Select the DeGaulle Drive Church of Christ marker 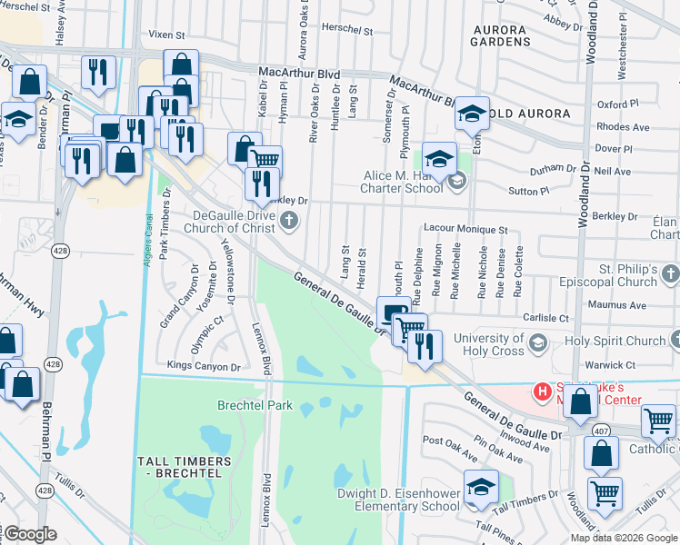289,219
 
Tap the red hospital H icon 543,392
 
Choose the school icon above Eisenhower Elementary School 481,486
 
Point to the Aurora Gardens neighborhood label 501,35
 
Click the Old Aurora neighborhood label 528,114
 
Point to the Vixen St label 166,35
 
